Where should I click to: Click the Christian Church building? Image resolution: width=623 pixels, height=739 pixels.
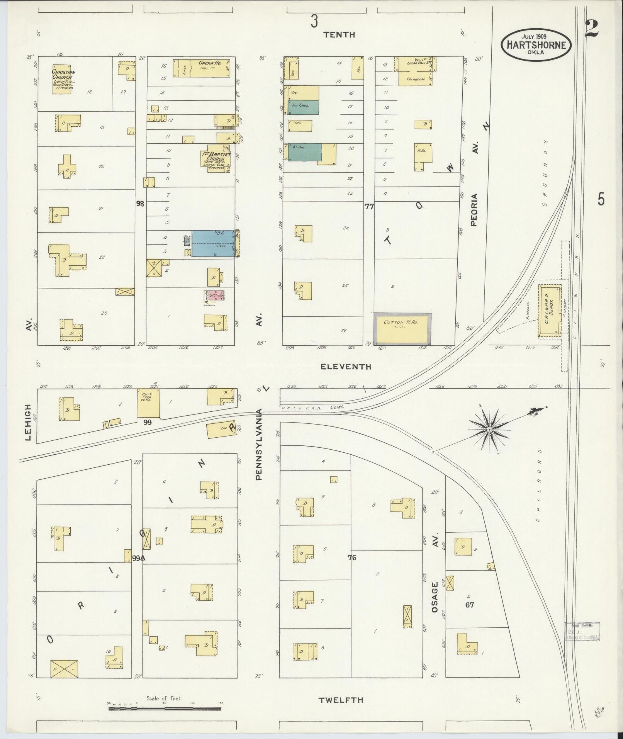pyautogui.click(x=62, y=80)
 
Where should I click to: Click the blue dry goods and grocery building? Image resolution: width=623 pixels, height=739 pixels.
pyautogui.click(x=213, y=243)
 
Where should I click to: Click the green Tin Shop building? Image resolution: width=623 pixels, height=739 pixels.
pyautogui.click(x=303, y=107)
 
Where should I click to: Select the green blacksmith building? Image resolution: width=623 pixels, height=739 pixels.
pyautogui.click(x=304, y=152)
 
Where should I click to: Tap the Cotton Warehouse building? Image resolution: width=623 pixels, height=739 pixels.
pyautogui.click(x=402, y=329)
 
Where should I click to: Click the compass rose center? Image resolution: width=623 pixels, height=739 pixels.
pyautogui.click(x=489, y=430)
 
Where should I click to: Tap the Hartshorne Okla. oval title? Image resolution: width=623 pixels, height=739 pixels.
pyautogui.click(x=535, y=45)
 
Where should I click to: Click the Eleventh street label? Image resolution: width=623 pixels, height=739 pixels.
pyautogui.click(x=346, y=367)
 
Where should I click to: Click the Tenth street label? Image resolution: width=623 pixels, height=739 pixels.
pyautogui.click(x=339, y=35)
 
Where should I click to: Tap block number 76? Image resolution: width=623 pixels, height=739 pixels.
pyautogui.click(x=351, y=557)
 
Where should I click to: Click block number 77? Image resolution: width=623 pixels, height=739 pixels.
pyautogui.click(x=369, y=207)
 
